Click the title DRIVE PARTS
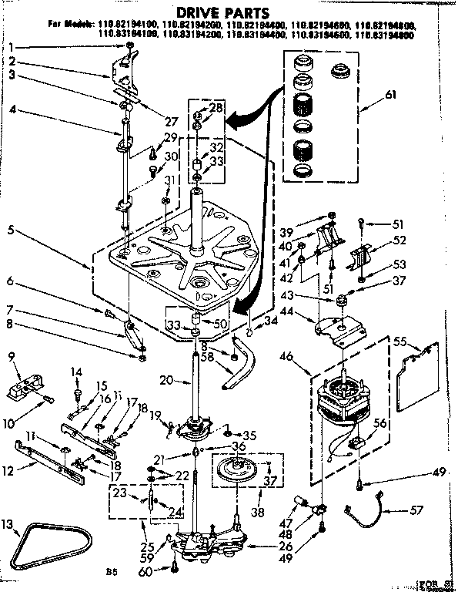tap(233, 13)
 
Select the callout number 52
tap(398, 240)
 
